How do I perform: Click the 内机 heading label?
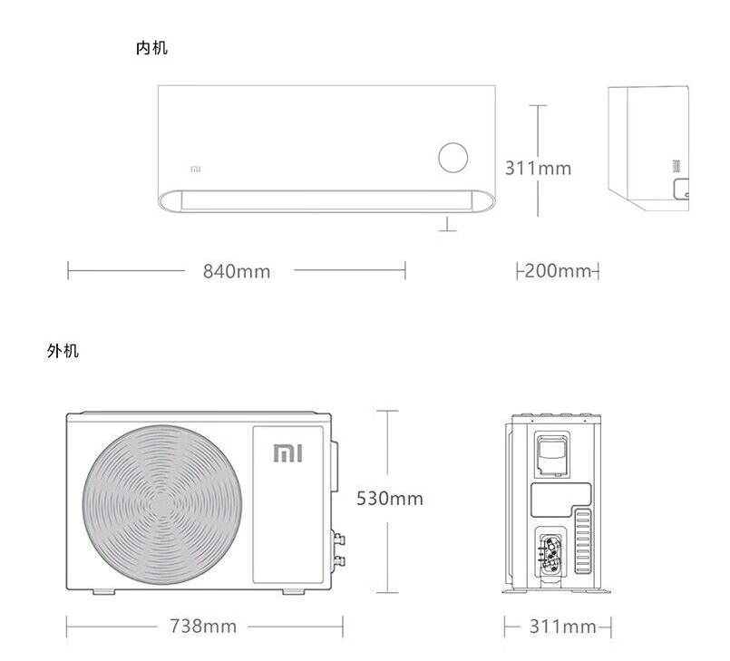click(151, 48)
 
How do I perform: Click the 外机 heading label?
click(63, 351)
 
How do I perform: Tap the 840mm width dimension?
click(237, 271)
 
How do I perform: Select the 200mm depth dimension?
click(558, 270)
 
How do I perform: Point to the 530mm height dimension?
click(390, 499)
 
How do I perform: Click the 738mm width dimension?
click(203, 626)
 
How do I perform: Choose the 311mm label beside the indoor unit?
click(538, 168)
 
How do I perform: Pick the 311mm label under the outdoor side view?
click(563, 627)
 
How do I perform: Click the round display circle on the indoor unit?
click(453, 158)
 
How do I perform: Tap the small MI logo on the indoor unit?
click(196, 170)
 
